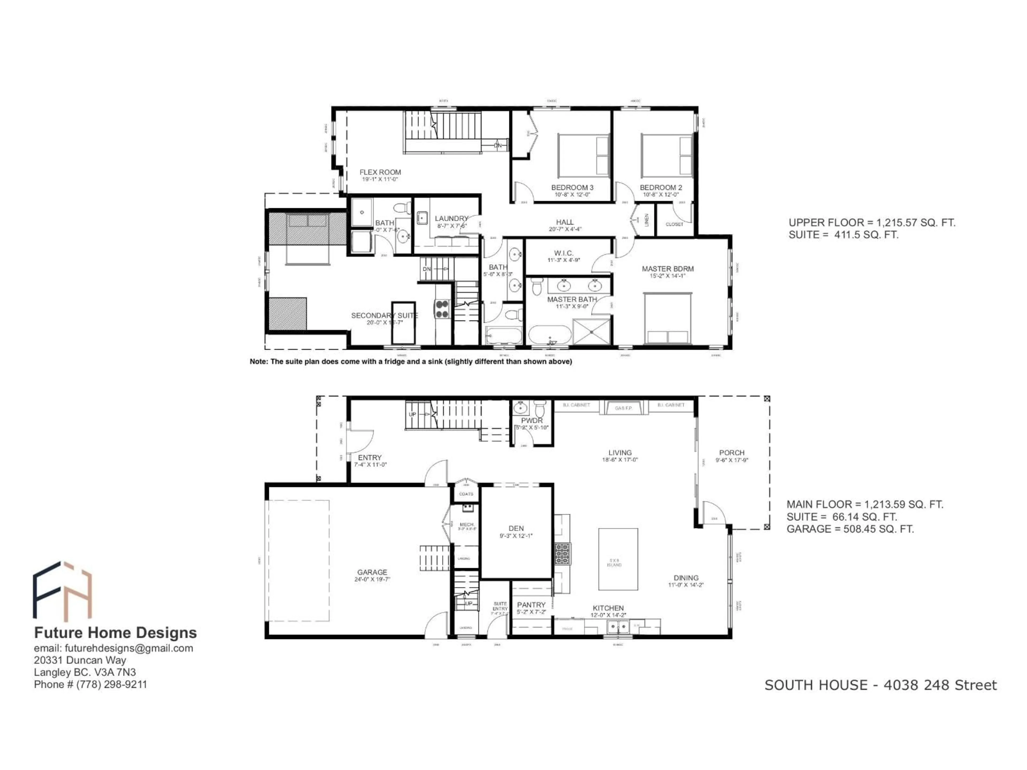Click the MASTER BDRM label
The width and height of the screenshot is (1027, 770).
coord(668,269)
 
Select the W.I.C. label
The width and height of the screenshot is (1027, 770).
coord(564,253)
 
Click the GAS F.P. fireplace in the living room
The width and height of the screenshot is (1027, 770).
coord(623,408)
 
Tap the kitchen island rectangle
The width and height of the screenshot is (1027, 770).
coord(618,559)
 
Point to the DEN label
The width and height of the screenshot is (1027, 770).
coord(516,528)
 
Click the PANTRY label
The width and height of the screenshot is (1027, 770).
coord(531,605)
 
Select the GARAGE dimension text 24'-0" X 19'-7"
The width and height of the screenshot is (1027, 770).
coord(372,579)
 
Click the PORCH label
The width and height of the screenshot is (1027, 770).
coord(732,453)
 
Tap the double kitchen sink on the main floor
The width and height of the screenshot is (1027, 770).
coord(618,627)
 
